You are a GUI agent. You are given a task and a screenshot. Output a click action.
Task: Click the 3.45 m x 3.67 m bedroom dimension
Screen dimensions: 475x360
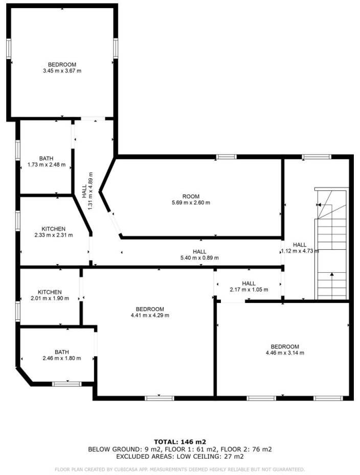point(62,71)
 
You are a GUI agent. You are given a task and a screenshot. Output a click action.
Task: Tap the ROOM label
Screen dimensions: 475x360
point(191,197)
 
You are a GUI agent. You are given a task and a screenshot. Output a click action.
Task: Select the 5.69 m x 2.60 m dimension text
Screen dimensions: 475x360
point(191,203)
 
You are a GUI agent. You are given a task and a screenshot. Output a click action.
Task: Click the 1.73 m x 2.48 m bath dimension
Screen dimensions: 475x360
point(46,165)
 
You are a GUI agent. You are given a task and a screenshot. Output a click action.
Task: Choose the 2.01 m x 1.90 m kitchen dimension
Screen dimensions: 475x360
point(50,298)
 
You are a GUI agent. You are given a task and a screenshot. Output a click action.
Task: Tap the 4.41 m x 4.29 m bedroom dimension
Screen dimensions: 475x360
point(149,315)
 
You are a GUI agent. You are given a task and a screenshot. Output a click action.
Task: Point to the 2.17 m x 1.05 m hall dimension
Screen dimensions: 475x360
point(249,290)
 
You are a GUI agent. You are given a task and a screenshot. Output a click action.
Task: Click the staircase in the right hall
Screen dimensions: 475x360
point(331,246)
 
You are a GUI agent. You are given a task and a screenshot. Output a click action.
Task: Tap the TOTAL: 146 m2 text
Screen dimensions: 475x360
point(179,441)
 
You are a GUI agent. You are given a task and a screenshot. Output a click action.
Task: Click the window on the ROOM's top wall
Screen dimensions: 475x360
point(226,157)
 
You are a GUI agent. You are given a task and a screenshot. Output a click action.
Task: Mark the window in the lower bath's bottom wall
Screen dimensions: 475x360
point(67,383)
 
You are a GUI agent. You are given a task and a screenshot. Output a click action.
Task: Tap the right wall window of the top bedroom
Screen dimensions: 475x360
point(116,49)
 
